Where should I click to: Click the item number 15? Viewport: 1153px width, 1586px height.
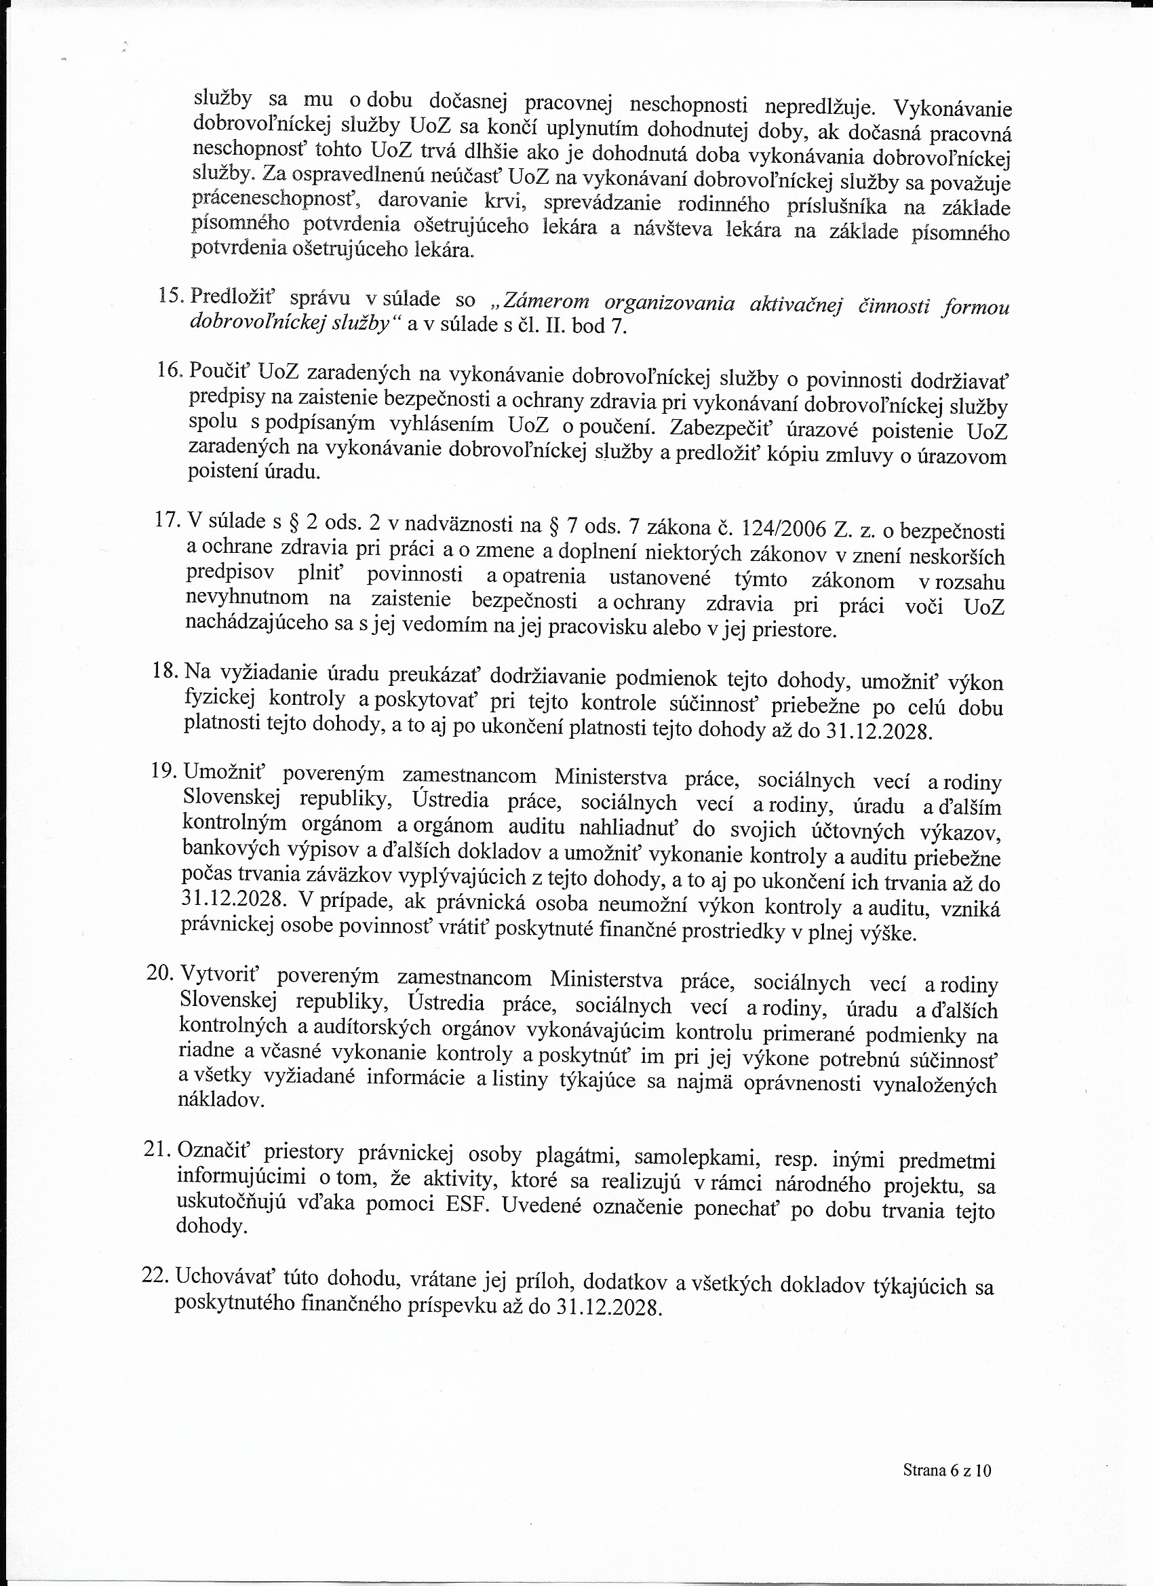(171, 295)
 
